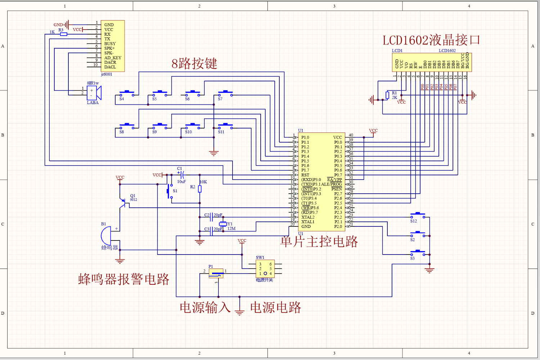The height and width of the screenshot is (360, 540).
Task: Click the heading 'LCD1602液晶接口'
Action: [431, 40]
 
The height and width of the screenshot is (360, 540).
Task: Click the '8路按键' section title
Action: [194, 64]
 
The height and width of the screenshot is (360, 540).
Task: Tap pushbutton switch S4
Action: [127, 93]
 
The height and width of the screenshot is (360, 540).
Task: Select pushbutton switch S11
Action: [225, 126]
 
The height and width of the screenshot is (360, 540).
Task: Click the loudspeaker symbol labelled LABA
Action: [94, 93]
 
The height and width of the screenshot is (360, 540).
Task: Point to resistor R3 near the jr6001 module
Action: [64, 34]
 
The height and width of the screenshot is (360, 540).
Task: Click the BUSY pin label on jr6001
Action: [110, 44]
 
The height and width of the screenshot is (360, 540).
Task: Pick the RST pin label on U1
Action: [305, 175]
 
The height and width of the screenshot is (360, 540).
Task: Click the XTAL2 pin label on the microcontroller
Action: [308, 217]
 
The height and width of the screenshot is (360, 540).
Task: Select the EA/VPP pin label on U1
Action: [334, 180]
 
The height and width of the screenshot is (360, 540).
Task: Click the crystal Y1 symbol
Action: [223, 224]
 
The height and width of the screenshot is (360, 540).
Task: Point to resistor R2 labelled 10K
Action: [200, 189]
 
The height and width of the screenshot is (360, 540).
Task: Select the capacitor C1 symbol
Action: [181, 175]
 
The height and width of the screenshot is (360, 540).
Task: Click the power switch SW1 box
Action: [265, 269]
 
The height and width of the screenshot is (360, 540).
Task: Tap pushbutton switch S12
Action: [418, 215]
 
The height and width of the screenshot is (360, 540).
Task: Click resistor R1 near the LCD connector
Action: [387, 95]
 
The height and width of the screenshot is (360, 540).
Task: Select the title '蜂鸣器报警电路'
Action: [123, 279]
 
